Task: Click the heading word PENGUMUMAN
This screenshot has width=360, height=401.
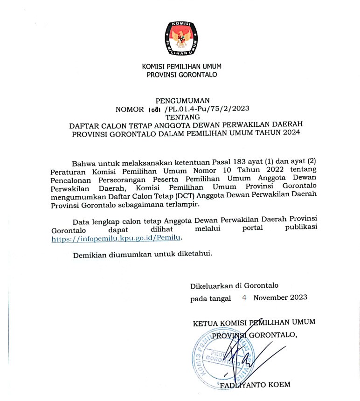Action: point(182,100)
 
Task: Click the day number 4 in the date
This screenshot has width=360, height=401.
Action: point(244,298)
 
